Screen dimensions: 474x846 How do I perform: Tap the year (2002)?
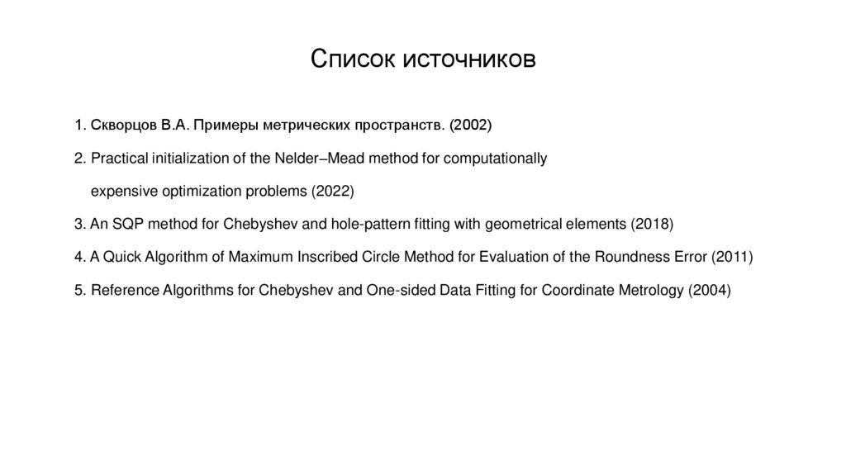[471, 126]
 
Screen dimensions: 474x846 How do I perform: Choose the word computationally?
[495, 158]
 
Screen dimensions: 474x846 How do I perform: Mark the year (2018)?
[653, 224]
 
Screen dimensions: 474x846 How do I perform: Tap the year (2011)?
[732, 257]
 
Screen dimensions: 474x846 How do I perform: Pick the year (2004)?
[710, 290]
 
